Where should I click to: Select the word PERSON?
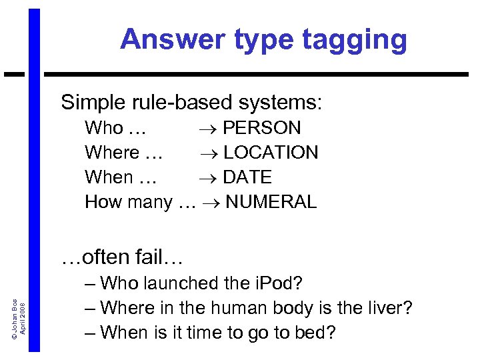(x=262, y=127)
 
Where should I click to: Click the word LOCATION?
(x=271, y=153)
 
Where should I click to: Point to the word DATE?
(x=247, y=177)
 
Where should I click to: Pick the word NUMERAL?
(x=271, y=202)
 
